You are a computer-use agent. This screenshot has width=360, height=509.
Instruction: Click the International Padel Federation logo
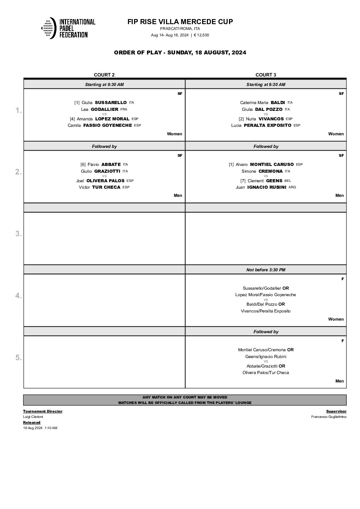pyautogui.click(x=68, y=28)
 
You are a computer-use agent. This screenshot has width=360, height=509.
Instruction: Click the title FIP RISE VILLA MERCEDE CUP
pyautogui.click(x=180, y=22)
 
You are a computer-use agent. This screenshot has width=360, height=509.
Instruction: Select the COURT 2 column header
pyautogui.click(x=104, y=75)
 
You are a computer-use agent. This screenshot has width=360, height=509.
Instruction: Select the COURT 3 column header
pyautogui.click(x=266, y=75)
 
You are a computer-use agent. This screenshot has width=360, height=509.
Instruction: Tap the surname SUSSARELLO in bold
pyautogui.click(x=111, y=102)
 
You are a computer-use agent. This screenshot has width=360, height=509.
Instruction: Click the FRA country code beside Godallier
pyautogui.click(x=124, y=109)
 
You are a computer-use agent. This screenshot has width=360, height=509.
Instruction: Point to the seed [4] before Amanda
pyautogui.click(x=72, y=119)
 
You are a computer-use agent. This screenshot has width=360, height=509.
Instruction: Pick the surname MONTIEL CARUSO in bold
pyautogui.click(x=272, y=164)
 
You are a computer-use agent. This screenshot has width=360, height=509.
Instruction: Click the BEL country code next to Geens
pyautogui.click(x=288, y=181)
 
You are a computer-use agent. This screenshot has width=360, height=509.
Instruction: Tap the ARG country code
pyautogui.click(x=292, y=187)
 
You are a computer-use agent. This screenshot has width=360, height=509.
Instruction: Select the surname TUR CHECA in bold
pyautogui.click(x=106, y=187)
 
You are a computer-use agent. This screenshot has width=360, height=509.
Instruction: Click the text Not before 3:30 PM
pyautogui.click(x=266, y=270)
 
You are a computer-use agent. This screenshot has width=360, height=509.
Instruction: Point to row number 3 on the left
pyautogui.click(x=18, y=234)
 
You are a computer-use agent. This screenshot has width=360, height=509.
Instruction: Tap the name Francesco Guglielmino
pyautogui.click(x=329, y=417)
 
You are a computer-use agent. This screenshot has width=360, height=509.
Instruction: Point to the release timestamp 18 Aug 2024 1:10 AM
pyautogui.click(x=40, y=428)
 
